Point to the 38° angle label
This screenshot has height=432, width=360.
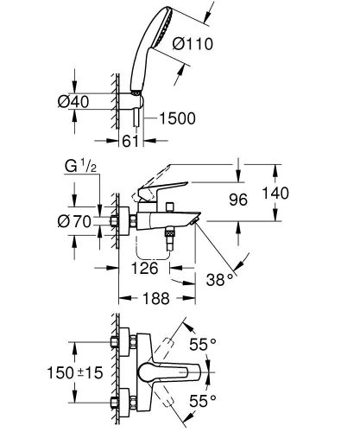pyautogui.click(x=218, y=278)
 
